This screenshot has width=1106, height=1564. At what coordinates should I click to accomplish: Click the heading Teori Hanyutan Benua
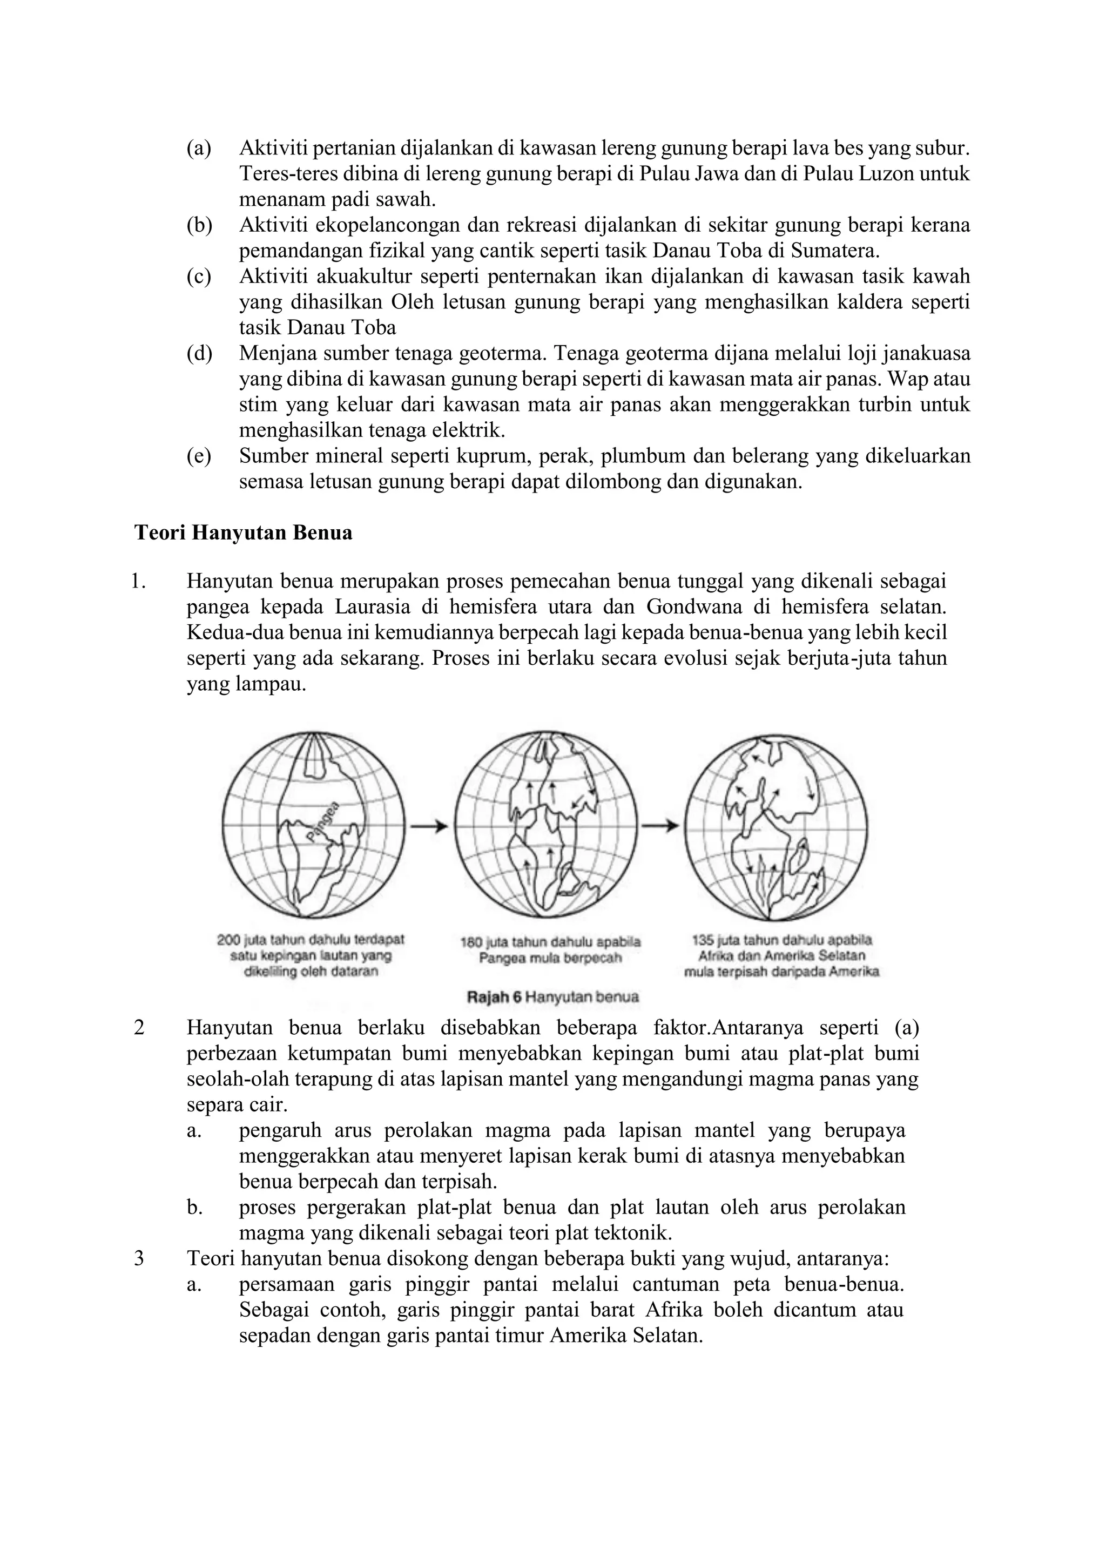point(243,532)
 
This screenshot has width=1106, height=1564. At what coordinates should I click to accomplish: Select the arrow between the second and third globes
point(660,826)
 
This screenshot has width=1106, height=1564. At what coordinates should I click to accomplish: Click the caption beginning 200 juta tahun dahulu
point(311,954)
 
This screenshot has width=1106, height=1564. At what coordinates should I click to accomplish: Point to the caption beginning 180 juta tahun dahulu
point(550,950)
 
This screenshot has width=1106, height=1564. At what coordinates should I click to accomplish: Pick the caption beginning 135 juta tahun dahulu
point(781,954)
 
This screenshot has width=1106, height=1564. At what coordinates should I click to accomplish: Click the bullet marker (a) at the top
point(199,148)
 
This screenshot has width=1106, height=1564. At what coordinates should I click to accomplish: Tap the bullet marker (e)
point(199,456)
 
